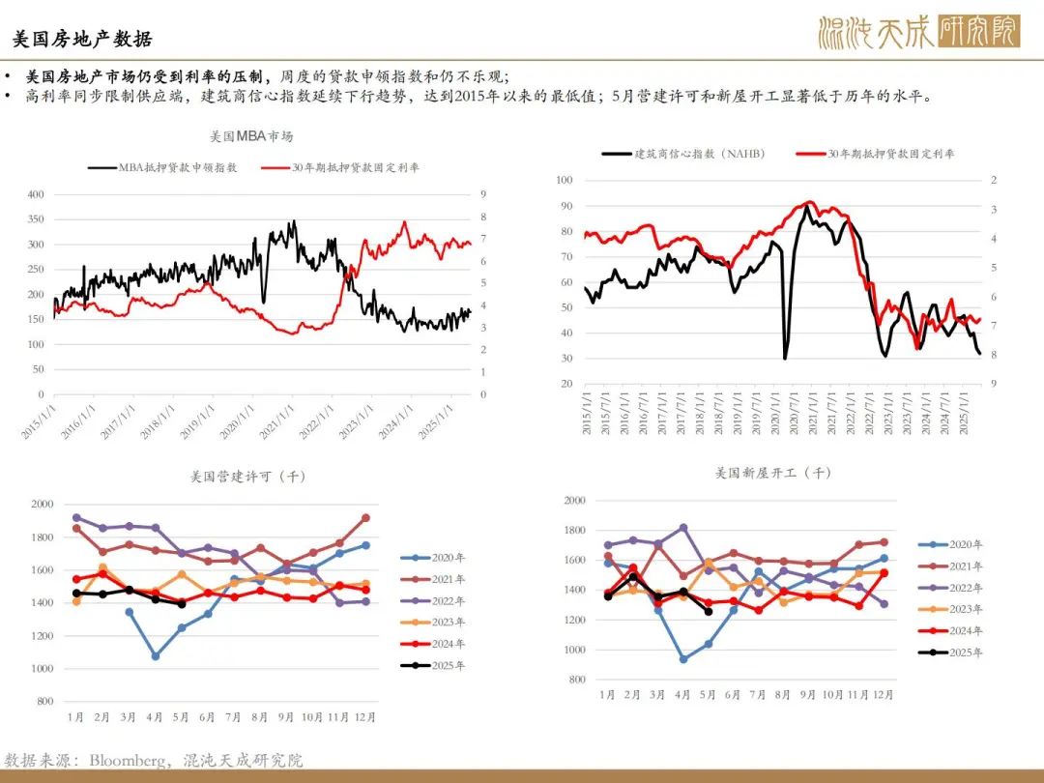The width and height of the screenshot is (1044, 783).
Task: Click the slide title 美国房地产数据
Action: coord(82,40)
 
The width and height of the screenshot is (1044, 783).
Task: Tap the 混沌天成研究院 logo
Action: coord(919,32)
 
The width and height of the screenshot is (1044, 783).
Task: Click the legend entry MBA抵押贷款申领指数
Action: coord(178,167)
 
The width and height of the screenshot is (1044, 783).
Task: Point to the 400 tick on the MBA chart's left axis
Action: coord(36,194)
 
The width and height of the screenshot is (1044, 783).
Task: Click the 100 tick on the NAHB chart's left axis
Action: coord(565,181)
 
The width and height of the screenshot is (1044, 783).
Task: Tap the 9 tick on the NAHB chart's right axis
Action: coord(994,384)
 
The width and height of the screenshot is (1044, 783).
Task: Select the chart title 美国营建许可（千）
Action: coord(248,477)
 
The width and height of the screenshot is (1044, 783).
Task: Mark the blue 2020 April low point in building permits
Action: coord(155,655)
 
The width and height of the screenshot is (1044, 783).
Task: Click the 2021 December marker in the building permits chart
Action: coord(365,518)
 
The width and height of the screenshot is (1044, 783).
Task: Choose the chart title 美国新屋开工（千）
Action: coord(773,473)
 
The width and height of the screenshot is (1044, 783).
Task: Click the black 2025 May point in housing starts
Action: coord(709,611)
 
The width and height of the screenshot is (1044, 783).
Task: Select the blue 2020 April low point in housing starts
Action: coord(683,659)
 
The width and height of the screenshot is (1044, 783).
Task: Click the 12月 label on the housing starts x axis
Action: coord(883,695)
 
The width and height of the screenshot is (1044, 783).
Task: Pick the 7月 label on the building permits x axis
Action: coord(233,717)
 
